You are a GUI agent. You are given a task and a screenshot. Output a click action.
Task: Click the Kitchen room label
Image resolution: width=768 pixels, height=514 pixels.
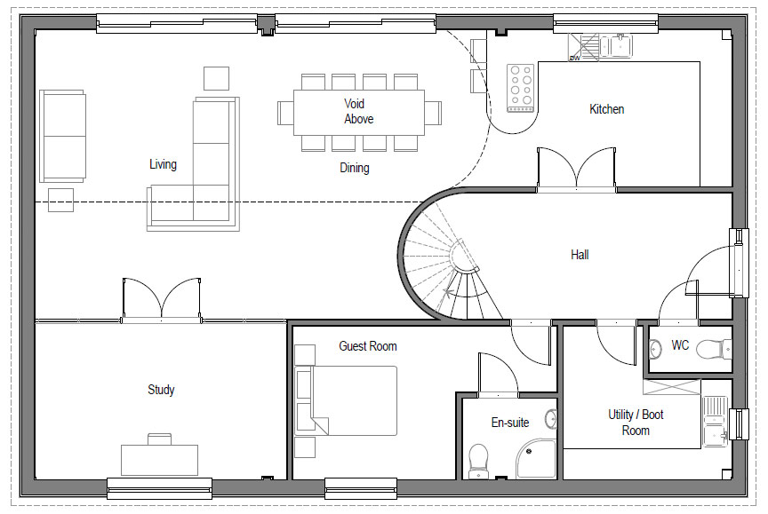pyautogui.click(x=606, y=109)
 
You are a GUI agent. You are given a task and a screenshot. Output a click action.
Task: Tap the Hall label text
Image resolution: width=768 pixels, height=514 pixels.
pyautogui.click(x=580, y=254)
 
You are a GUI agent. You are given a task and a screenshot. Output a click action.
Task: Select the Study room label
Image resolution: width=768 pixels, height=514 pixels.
pyautogui.click(x=161, y=390)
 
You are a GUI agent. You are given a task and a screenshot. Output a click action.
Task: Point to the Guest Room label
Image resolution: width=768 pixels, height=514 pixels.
pyautogui.click(x=367, y=346)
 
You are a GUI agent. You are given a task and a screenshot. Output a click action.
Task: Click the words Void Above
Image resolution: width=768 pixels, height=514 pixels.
pyautogui.click(x=358, y=111)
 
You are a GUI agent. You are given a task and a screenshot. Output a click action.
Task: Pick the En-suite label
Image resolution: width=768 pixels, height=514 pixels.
pyautogui.click(x=510, y=423)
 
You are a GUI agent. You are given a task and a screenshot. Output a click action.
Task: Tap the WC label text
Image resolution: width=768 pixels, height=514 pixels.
pyautogui.click(x=680, y=345)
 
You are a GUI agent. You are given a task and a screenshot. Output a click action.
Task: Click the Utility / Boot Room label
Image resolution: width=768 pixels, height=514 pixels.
pyautogui.click(x=636, y=423)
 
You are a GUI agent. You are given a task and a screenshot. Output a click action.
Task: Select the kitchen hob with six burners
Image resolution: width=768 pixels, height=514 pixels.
pyautogui.click(x=520, y=88)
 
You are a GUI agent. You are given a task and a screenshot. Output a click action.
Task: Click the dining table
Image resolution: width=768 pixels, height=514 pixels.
pyautogui.click(x=359, y=113)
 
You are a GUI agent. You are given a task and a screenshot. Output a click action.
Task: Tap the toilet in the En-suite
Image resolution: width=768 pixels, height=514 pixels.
pyautogui.click(x=478, y=461)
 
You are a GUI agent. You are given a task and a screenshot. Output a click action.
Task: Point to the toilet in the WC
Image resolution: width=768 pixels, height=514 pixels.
pyautogui.click(x=713, y=350)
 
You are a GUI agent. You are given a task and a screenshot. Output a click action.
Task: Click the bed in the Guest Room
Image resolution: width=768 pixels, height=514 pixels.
pyautogui.click(x=346, y=400)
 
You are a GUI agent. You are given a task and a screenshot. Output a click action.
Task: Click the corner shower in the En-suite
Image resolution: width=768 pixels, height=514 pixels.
pyautogui.click(x=536, y=459)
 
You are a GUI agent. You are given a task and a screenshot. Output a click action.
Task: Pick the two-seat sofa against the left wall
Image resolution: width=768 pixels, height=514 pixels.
pyautogui.click(x=63, y=136)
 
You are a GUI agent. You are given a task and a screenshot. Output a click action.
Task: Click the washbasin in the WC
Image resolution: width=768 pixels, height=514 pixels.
pyautogui.click(x=655, y=349)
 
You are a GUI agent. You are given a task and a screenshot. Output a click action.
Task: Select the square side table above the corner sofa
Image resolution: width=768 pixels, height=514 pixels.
pyautogui.click(x=217, y=78)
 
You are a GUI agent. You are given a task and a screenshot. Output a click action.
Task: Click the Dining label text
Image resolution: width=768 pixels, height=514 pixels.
pyautogui.click(x=354, y=169)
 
